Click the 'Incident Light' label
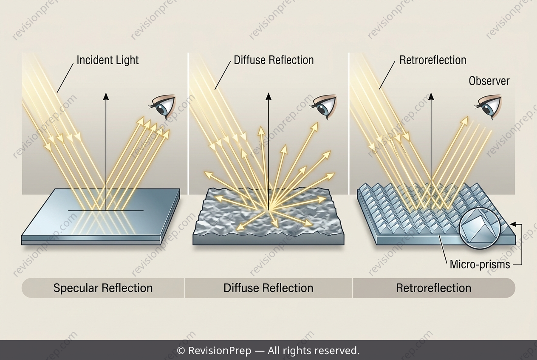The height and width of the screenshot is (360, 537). click(x=107, y=60)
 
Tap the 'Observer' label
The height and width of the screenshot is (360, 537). click(x=489, y=81)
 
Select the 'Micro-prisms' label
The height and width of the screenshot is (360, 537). click(x=480, y=264)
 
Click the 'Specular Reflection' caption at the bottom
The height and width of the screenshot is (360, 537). click(x=103, y=288)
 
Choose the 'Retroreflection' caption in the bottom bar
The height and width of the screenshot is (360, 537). click(x=433, y=288)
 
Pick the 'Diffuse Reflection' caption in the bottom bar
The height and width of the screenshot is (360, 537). click(x=268, y=288)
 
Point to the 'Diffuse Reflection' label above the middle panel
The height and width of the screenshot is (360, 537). click(x=274, y=60)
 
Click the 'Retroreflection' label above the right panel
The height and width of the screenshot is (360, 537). click(x=433, y=60)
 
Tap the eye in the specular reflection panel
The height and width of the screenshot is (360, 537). click(x=163, y=106)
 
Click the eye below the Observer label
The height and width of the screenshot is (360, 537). click(x=488, y=107)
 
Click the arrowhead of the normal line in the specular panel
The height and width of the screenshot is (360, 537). click(x=106, y=97)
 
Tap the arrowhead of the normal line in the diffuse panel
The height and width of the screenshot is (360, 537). click(x=268, y=97)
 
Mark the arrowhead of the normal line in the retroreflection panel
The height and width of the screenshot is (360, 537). click(x=431, y=97)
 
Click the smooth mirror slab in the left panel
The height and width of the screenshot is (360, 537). click(x=101, y=217)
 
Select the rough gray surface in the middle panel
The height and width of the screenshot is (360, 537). click(x=268, y=217)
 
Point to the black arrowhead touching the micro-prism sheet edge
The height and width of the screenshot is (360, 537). click(x=513, y=224)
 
